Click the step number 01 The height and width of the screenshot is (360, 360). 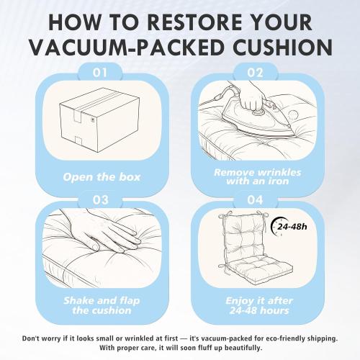click(x=100, y=73)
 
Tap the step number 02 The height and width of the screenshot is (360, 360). click(x=255, y=73)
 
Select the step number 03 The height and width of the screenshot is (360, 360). click(x=100, y=200)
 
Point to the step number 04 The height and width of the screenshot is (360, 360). click(x=255, y=200)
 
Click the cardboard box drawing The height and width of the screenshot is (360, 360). click(x=99, y=120)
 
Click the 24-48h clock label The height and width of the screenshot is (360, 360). click(x=289, y=226)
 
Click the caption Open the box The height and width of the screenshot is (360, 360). click(x=102, y=177)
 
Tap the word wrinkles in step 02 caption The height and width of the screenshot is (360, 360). click(x=279, y=172)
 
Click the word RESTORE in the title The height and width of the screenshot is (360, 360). click(x=194, y=22)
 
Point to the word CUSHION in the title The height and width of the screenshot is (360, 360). click(x=282, y=47)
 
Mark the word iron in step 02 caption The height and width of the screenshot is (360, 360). click(x=278, y=181)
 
